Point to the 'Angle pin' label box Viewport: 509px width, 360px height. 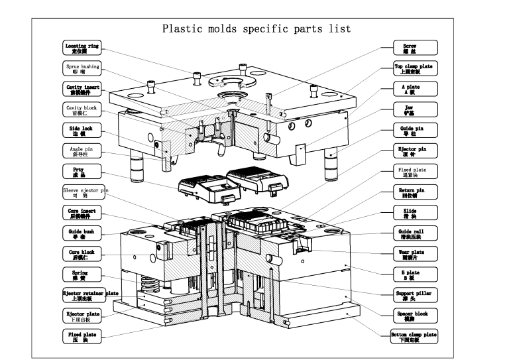coord(82,150)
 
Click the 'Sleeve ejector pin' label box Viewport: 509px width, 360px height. coord(82,192)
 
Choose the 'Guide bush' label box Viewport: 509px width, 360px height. coord(82,233)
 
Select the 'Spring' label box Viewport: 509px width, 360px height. coord(82,274)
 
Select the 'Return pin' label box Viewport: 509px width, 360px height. coord(414,192)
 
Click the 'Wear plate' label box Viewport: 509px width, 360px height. coord(414,253)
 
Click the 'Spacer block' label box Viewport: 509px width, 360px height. coord(414,316)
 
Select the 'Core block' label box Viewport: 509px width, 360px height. coord(82,253)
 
